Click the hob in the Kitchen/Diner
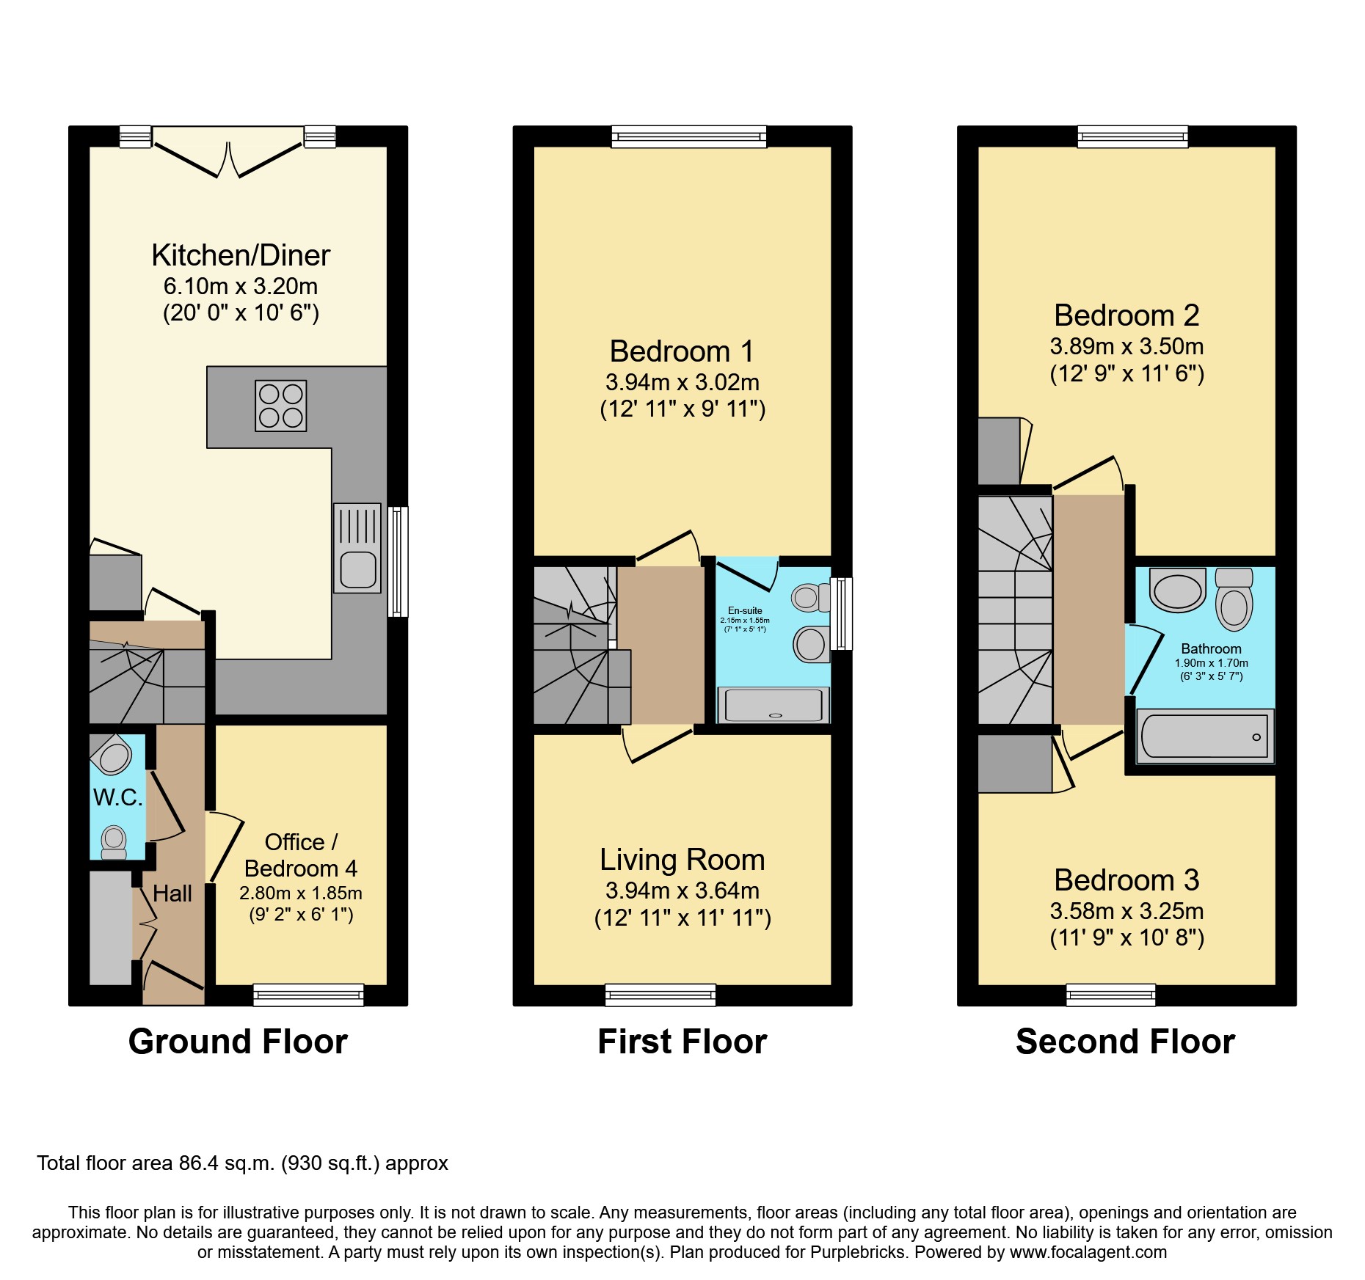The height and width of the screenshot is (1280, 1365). click(281, 406)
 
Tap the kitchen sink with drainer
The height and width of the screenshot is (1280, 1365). click(357, 548)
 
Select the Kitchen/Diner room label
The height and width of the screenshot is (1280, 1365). click(241, 255)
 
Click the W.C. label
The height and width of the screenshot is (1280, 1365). click(118, 797)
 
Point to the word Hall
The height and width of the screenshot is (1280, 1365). click(172, 893)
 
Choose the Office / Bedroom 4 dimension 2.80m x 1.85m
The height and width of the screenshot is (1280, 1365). click(301, 893)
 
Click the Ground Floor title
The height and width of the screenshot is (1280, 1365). click(238, 1042)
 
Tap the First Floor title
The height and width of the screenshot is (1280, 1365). click(682, 1042)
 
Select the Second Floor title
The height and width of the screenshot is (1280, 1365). click(1126, 1042)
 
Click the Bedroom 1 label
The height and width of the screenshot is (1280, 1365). click(682, 351)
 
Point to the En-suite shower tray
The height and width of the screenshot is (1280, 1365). click(773, 705)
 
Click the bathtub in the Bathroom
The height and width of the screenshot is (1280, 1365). click(1205, 736)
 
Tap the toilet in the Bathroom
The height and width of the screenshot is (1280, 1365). click(1234, 599)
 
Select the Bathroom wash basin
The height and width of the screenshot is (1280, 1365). click(1178, 590)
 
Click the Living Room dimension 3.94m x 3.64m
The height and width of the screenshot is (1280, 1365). click(682, 890)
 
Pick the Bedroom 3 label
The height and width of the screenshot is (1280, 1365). click(1126, 879)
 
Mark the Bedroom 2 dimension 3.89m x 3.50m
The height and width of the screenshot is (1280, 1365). click(1126, 346)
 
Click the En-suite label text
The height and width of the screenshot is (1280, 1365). click(745, 610)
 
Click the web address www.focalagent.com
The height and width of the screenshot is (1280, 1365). click(1088, 1252)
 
